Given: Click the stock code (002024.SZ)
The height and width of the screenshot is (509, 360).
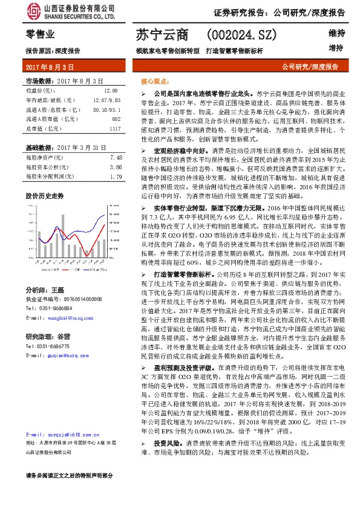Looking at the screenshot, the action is (x=243, y=36).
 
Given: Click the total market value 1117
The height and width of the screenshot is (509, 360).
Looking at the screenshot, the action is (x=115, y=129).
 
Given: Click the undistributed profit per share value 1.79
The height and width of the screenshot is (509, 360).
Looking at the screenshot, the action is (x=116, y=177).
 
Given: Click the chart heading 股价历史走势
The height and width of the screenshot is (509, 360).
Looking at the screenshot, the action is (x=44, y=196).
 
